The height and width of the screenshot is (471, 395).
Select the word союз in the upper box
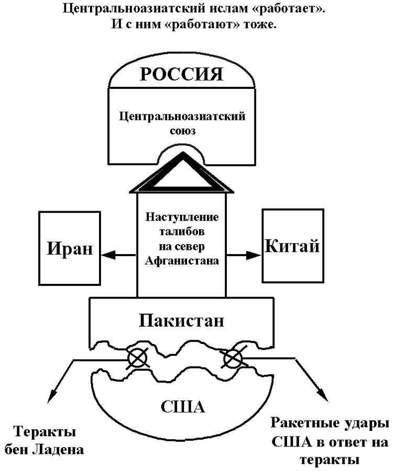pyautogui.click(x=182, y=131)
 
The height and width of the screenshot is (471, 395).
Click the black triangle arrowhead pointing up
pyautogui.click(x=182, y=173)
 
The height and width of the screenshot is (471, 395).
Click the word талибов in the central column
pyautogui.click(x=182, y=231)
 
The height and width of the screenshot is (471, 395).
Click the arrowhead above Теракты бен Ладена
pyautogui.click(x=50, y=398)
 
